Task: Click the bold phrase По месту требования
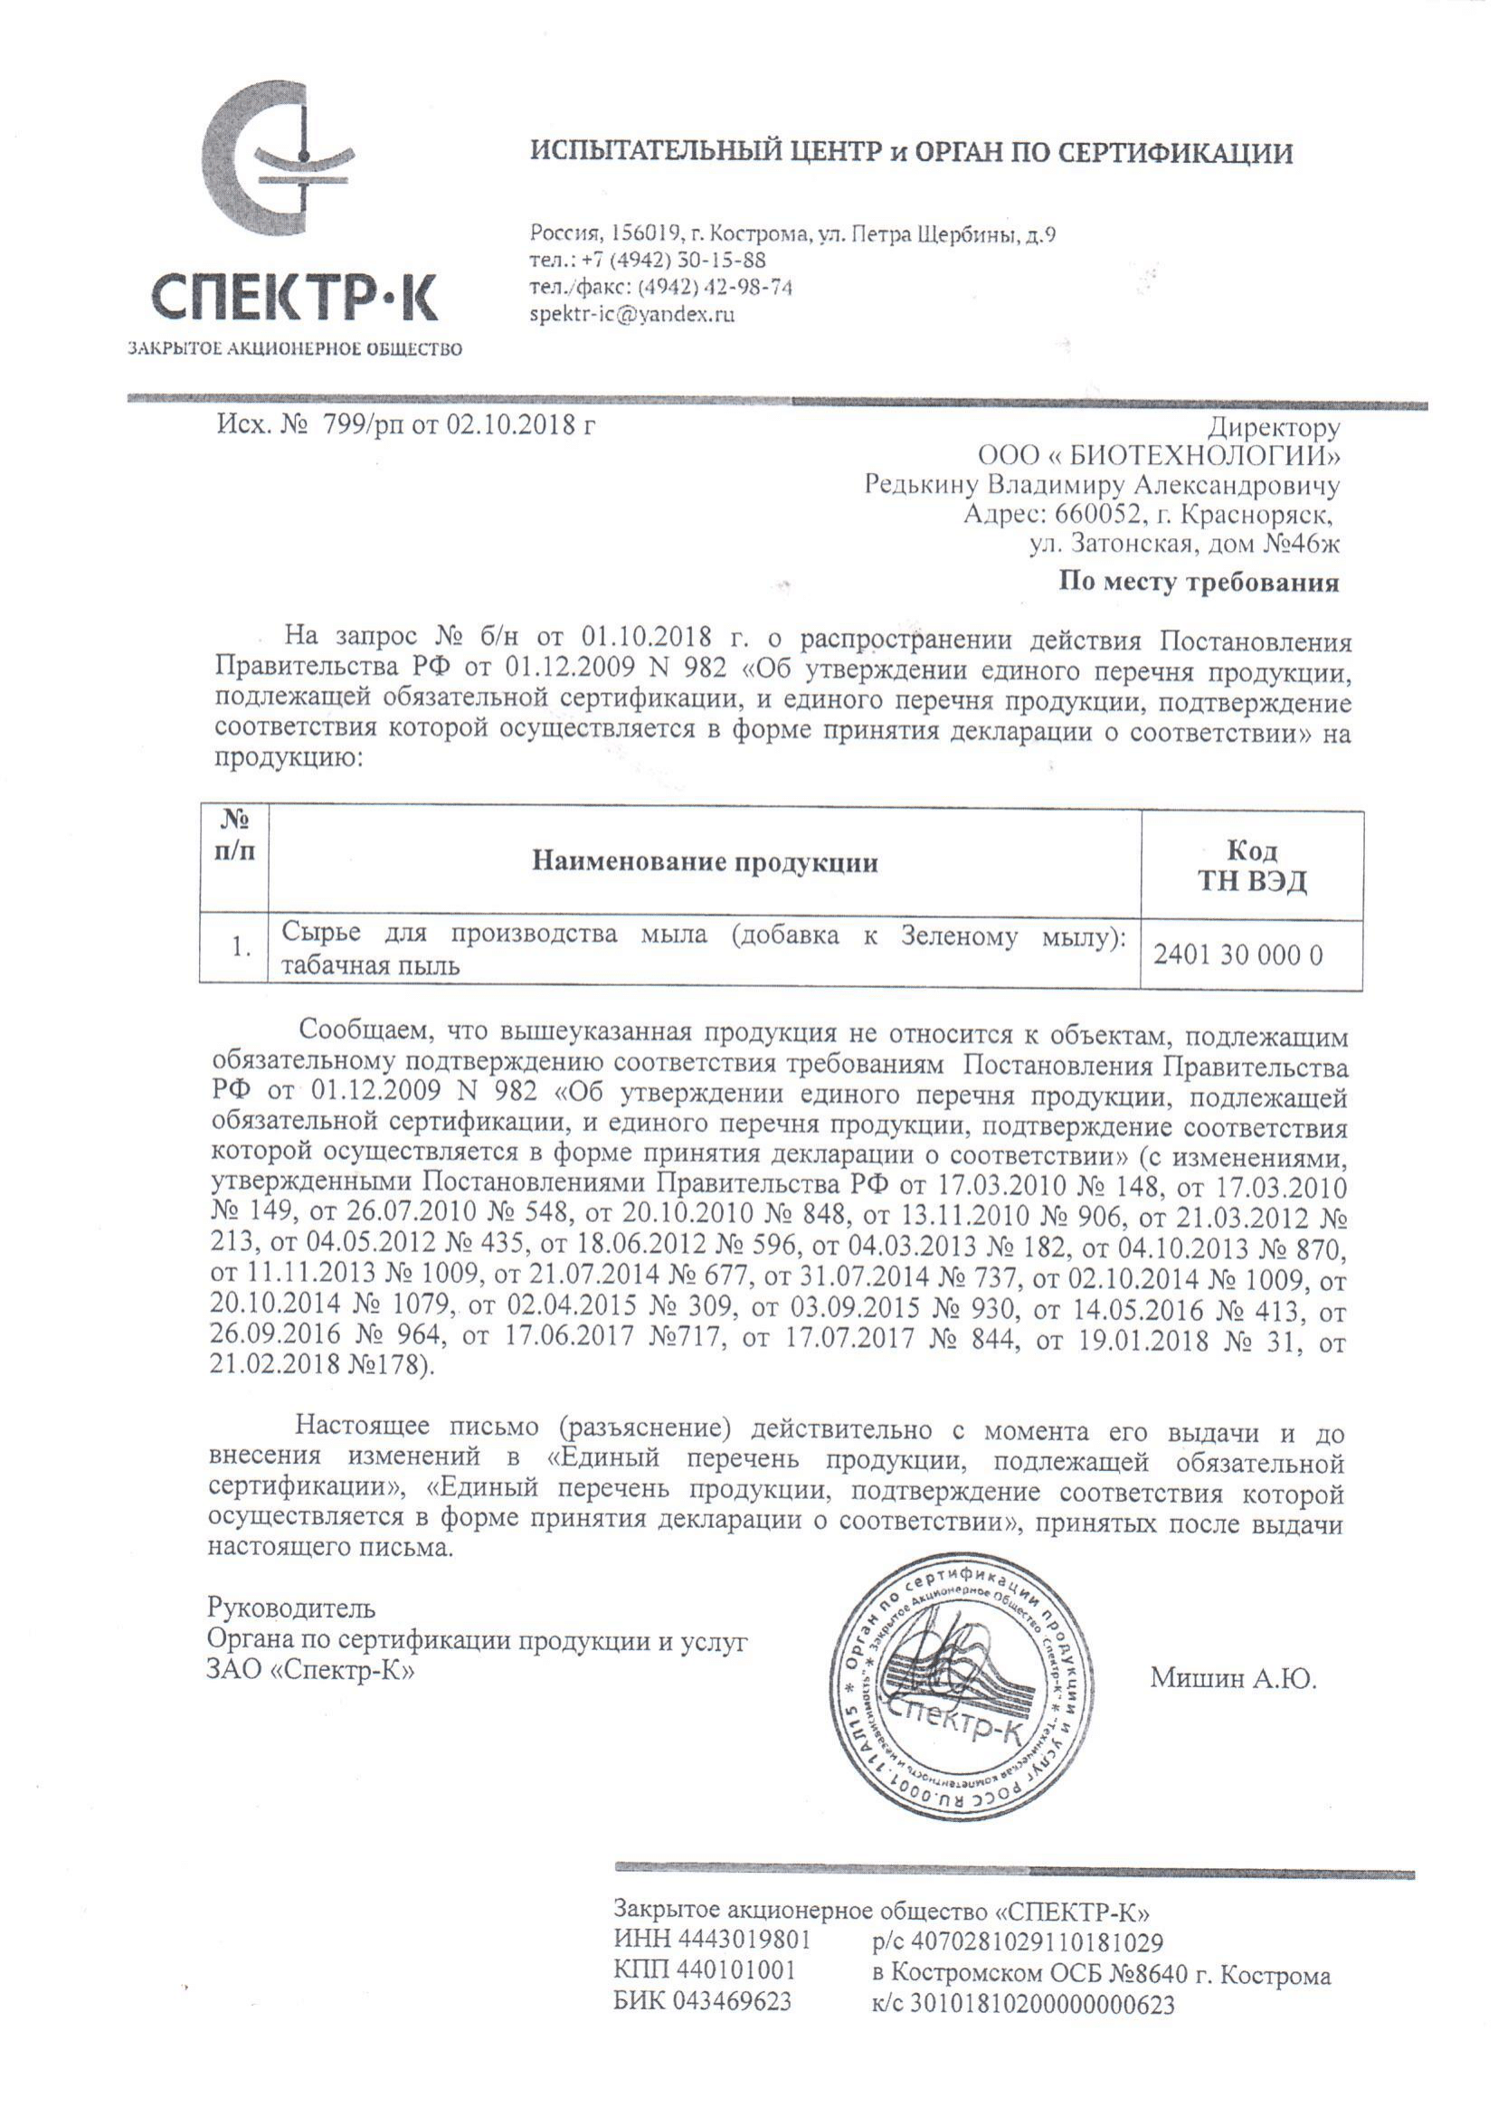[x=1199, y=582]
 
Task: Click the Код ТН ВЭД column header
[x=1252, y=865]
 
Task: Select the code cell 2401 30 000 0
[x=1237, y=954]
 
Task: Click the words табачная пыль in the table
[x=370, y=966]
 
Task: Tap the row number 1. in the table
[x=242, y=947]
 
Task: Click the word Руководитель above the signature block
[x=291, y=1608]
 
